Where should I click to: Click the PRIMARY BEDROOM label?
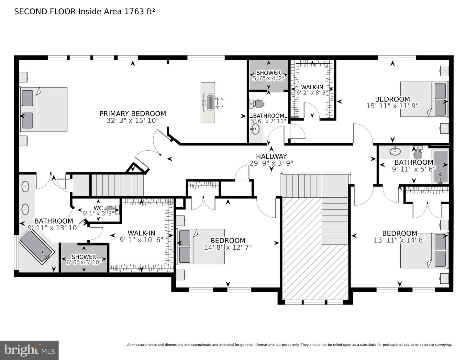tap(132, 114)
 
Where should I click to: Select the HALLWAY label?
tap(271, 157)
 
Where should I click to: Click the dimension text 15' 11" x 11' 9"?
tap(392, 106)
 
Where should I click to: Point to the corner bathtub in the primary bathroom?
tap(37, 248)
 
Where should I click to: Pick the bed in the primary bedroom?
tap(44, 109)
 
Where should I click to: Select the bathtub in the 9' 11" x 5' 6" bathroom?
tap(440, 166)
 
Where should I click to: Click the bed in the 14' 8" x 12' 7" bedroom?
tap(201, 246)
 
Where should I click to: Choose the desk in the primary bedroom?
tap(207, 103)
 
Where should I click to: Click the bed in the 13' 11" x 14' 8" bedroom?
tap(424, 250)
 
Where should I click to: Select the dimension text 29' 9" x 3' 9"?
tap(271, 163)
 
